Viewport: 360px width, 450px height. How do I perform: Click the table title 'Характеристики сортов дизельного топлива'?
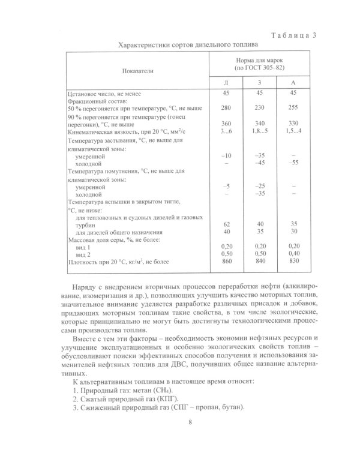(188, 44)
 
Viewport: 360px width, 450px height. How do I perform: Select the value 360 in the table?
(226, 123)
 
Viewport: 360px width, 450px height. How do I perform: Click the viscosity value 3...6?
(226, 131)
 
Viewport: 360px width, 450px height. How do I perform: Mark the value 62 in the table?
(226, 223)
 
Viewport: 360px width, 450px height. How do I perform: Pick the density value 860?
(226, 262)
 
